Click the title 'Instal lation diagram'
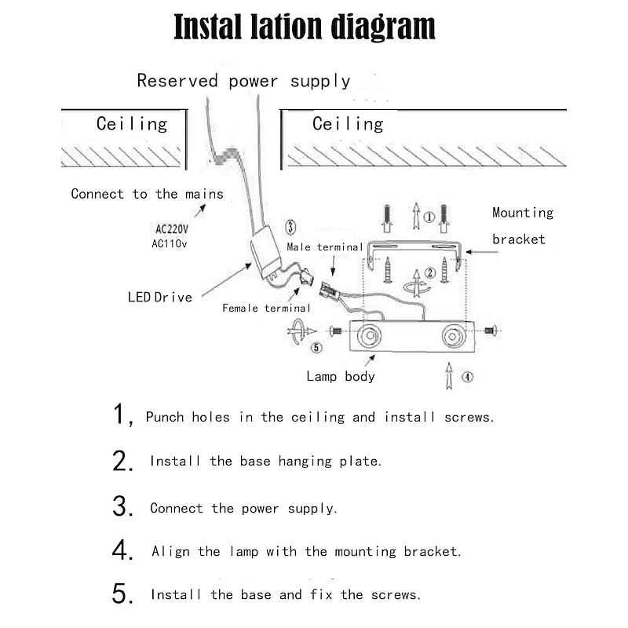coord(304,27)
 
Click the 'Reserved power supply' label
coord(243,81)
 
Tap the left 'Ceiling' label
coord(132,124)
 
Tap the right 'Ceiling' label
coord(348,124)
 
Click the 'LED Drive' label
coord(160,297)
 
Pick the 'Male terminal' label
coord(324,247)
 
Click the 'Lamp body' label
coord(341,377)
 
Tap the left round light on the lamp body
coord(368,338)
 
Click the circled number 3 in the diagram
coord(290,228)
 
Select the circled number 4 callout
coord(467,377)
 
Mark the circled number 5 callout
coord(316,348)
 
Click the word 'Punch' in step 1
coord(166,418)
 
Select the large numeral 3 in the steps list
coord(122,506)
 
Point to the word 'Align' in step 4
coord(170,552)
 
